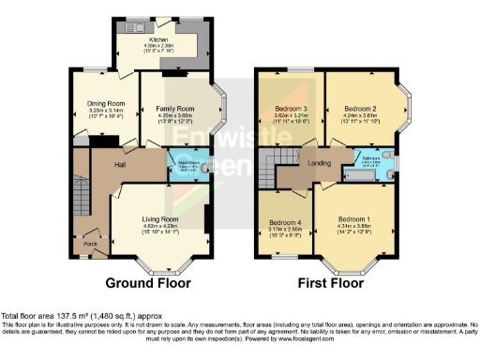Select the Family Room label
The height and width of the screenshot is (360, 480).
tap(172, 109)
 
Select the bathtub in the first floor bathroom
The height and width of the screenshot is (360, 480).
tap(365, 174)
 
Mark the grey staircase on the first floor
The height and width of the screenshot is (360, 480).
tap(274, 171)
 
